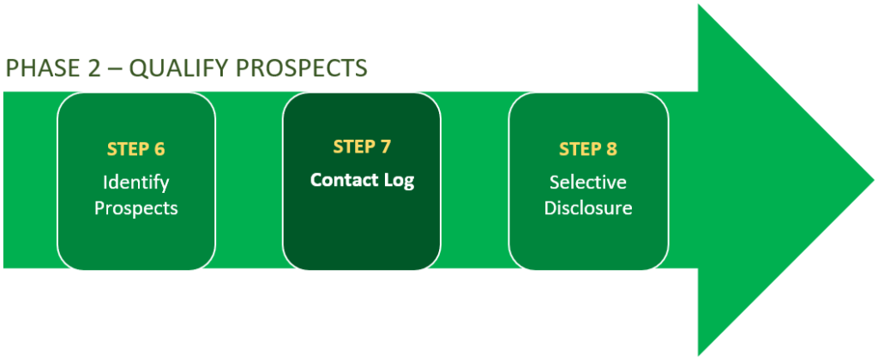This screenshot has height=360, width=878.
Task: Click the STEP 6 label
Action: (135, 148)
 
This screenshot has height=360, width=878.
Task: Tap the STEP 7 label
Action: (362, 147)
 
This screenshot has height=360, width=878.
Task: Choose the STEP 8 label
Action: (588, 148)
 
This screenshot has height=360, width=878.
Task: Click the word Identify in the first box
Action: (135, 182)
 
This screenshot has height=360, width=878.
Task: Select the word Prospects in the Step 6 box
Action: (135, 207)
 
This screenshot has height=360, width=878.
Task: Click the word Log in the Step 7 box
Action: (400, 181)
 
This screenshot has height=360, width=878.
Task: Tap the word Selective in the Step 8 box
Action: (588, 182)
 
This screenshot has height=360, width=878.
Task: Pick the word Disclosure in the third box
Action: (588, 207)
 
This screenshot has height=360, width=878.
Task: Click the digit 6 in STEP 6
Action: (159, 148)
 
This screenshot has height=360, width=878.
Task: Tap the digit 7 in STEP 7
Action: (386, 147)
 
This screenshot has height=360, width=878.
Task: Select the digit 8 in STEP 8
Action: (611, 148)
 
